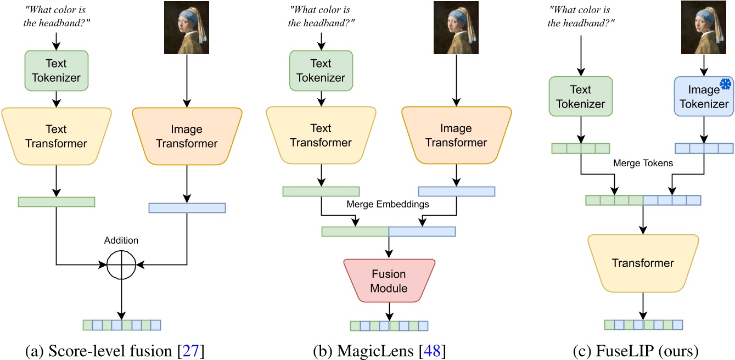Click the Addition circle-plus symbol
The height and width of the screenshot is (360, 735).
pyautogui.click(x=121, y=265)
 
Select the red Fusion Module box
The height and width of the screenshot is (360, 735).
pyautogui.click(x=389, y=280)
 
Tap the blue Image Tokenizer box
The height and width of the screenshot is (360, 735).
pyautogui.click(x=704, y=97)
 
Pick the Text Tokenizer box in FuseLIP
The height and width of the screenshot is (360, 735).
pyautogui.click(x=581, y=97)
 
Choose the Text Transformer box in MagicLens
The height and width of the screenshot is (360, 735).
pyautogui.click(x=321, y=136)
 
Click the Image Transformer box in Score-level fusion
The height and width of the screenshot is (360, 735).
pyautogui.click(x=187, y=137)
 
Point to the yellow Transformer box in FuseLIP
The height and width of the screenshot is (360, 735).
pyautogui.click(x=643, y=263)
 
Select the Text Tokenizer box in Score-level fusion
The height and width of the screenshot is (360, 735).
pyautogui.click(x=57, y=71)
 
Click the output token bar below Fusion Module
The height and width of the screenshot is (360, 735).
pyautogui.click(x=389, y=326)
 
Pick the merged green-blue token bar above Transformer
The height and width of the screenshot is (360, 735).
pyautogui.click(x=643, y=200)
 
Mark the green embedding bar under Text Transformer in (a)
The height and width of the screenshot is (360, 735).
pyautogui.click(x=56, y=201)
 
